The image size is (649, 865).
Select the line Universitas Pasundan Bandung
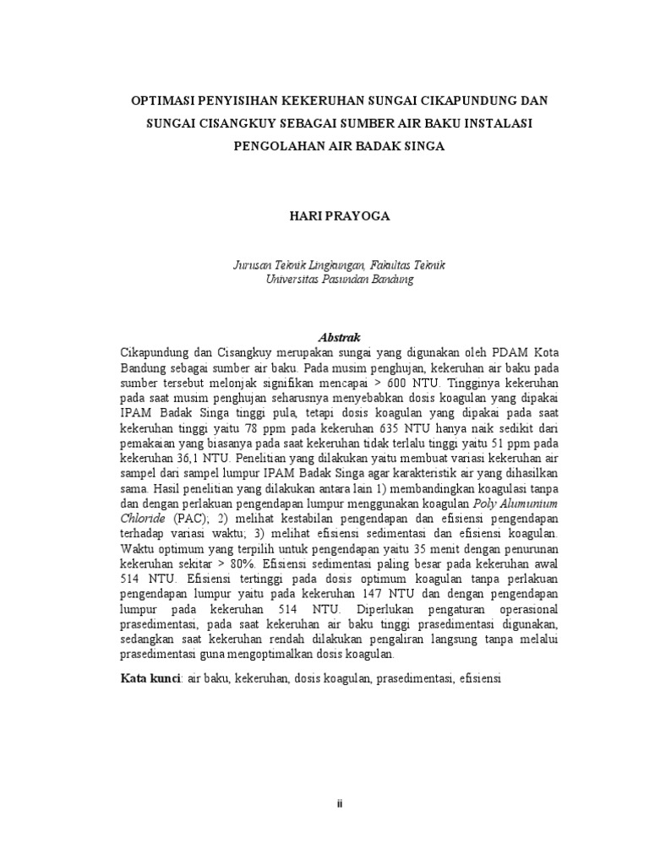[x=339, y=279]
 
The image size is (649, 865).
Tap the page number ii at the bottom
[x=339, y=803]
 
